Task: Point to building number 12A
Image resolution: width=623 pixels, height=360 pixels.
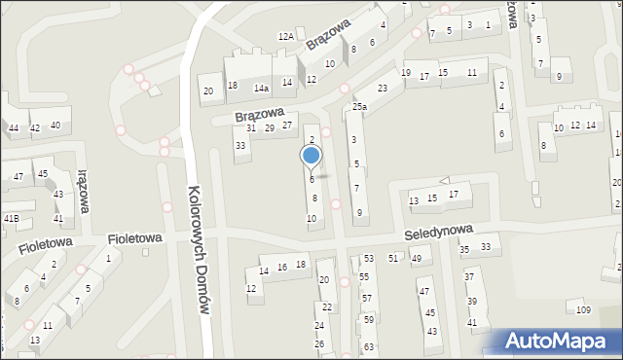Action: pyautogui.click(x=285, y=36)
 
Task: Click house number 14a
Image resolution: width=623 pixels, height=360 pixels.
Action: pyautogui.click(x=261, y=88)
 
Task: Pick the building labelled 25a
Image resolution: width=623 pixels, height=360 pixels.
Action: pyautogui.click(x=359, y=106)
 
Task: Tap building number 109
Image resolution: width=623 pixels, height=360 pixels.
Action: pyautogui.click(x=583, y=310)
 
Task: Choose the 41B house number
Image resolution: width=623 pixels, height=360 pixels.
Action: pyautogui.click(x=11, y=219)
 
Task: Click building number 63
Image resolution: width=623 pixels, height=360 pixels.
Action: pyautogui.click(x=369, y=346)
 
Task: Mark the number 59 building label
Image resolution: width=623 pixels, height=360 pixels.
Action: pyautogui.click(x=368, y=319)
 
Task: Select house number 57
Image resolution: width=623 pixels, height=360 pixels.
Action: pyautogui.click(x=366, y=298)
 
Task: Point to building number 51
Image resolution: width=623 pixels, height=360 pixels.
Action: pyautogui.click(x=393, y=258)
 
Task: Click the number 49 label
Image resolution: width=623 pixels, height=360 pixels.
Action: pyautogui.click(x=416, y=258)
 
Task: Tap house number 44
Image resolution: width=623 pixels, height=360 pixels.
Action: pyautogui.click(x=14, y=128)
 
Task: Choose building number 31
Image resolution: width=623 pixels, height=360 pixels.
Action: pyautogui.click(x=251, y=128)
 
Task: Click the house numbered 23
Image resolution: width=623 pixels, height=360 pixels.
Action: pyautogui.click(x=384, y=89)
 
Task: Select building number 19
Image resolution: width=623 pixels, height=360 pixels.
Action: pyautogui.click(x=406, y=73)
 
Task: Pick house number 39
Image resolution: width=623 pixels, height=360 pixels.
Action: pyautogui.click(x=471, y=301)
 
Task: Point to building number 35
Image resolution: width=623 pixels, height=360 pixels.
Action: pyautogui.click(x=464, y=250)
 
